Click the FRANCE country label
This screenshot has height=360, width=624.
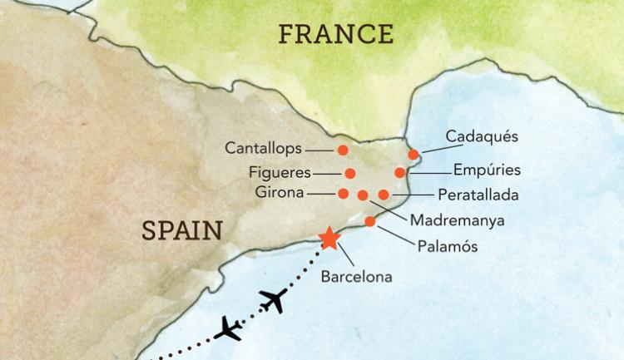[335, 34]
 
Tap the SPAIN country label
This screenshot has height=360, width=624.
[183, 230]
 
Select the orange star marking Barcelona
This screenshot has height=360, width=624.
[329, 238]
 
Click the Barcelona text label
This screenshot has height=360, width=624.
[356, 276]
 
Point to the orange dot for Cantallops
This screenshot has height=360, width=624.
[343, 150]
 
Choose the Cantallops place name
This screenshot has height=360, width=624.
[263, 149]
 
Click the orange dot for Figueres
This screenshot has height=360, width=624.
[350, 174]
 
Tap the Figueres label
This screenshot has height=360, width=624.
[280, 173]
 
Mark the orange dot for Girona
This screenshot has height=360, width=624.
[344, 194]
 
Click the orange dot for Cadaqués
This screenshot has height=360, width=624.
[414, 154]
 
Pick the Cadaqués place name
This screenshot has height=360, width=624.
[482, 136]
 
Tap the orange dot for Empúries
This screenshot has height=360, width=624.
[400, 173]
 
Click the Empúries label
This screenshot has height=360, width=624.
[487, 170]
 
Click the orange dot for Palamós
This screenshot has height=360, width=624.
[370, 221]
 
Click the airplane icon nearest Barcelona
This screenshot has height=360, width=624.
[272, 300]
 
